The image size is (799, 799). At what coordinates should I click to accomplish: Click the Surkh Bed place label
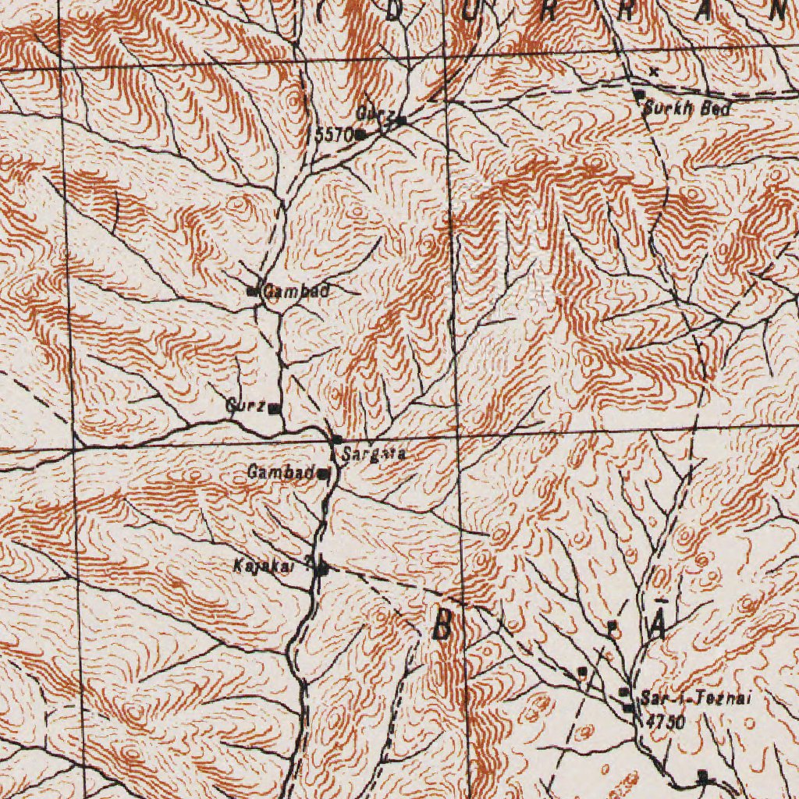[687, 109]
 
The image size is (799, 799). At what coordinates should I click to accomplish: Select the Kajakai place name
[264, 565]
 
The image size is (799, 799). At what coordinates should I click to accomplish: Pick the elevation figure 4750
[665, 723]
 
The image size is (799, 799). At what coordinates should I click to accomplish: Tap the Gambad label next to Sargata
[282, 472]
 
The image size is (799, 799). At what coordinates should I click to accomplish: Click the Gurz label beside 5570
[371, 114]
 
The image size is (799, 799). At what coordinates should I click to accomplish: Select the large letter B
[442, 624]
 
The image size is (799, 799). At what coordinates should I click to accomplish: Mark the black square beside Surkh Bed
[638, 94]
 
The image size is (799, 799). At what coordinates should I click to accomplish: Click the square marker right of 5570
[361, 135]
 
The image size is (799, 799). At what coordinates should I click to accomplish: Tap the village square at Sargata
[336, 440]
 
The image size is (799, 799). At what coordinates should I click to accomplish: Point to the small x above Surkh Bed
[653, 72]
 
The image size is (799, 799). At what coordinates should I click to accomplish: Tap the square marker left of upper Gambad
[251, 293]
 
